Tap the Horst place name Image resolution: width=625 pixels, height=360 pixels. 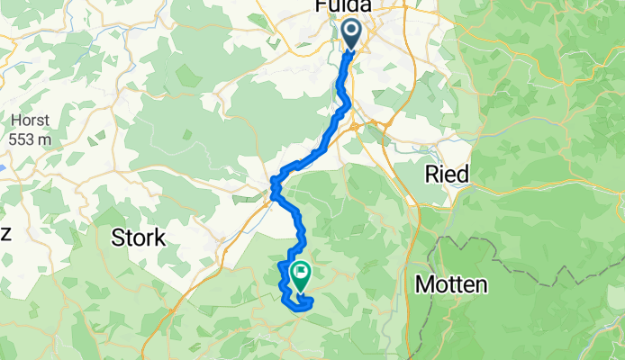(x=29, y=121)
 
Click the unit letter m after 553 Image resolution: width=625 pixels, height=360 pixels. (x=44, y=140)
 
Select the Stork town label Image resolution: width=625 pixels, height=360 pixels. (x=138, y=238)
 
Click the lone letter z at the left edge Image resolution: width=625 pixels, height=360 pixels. (x=5, y=233)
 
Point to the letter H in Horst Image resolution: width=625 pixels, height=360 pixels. (x=16, y=121)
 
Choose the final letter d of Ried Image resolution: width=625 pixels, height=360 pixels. (x=462, y=174)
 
